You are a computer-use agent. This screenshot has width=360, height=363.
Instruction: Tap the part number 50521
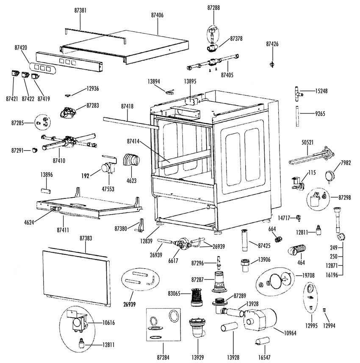[x=307, y=143]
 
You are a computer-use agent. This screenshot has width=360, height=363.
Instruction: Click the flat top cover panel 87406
[x=127, y=47]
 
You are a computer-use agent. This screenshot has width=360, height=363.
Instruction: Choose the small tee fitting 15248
[x=297, y=92]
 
